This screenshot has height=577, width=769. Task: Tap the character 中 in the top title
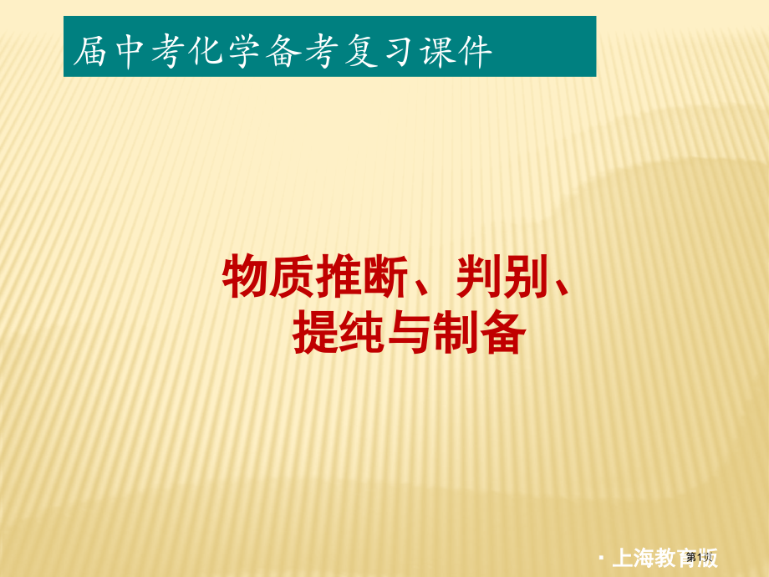tap(132, 52)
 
